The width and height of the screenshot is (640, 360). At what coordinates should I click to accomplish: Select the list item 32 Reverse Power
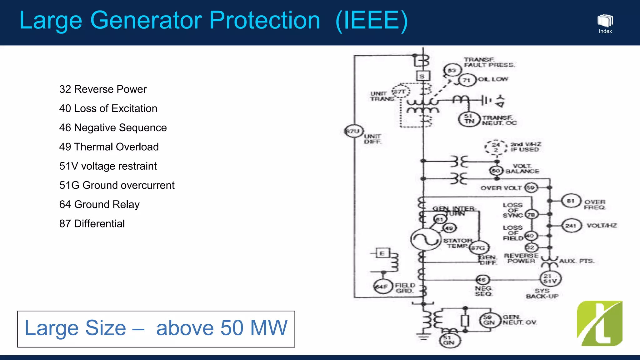pyautogui.click(x=103, y=89)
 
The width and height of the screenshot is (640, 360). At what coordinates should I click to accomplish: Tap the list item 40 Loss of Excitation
pyautogui.click(x=108, y=108)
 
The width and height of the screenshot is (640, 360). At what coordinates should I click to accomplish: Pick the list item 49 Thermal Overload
pyautogui.click(x=109, y=147)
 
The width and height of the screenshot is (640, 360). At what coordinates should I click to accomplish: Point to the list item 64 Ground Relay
pyautogui.click(x=99, y=204)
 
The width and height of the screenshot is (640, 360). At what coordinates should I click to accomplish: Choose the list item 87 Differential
pyautogui.click(x=92, y=224)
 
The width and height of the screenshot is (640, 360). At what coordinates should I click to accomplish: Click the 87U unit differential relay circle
pyautogui.click(x=353, y=131)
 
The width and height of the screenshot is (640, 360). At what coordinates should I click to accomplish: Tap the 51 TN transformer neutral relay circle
pyautogui.click(x=468, y=119)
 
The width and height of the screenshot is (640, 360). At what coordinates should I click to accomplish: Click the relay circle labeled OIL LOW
pyautogui.click(x=467, y=80)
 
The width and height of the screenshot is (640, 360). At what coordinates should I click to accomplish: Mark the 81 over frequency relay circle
pyautogui.click(x=571, y=201)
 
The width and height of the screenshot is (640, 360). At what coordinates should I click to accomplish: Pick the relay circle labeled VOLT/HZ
pyautogui.click(x=572, y=225)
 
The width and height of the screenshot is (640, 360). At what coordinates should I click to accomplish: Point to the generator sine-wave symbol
pyautogui.click(x=425, y=239)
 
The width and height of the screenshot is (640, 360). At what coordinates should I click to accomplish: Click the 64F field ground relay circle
pyautogui.click(x=383, y=287)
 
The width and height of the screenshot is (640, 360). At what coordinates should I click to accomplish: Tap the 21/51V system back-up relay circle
pyautogui.click(x=551, y=279)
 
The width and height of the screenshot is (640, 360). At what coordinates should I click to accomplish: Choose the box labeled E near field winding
pyautogui.click(x=382, y=253)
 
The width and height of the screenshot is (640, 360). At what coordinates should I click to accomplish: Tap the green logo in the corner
pyautogui.click(x=599, y=323)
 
